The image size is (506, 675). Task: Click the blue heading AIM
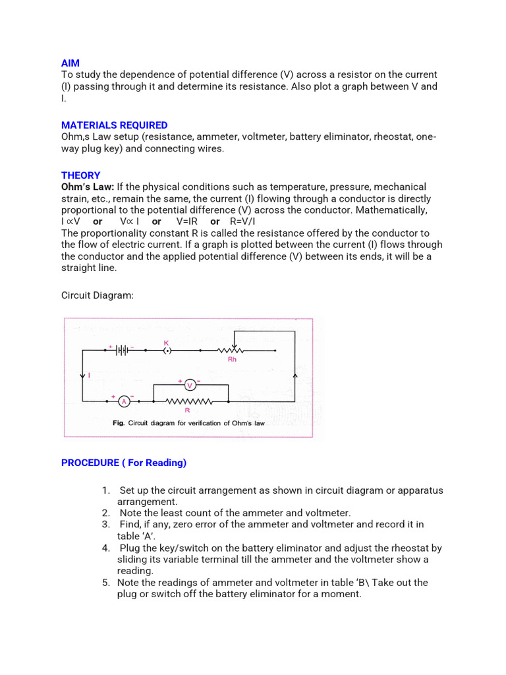point(70,63)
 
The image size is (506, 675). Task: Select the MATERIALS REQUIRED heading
point(114,125)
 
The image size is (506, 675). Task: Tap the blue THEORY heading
point(80,175)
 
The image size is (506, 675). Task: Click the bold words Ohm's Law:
point(88,187)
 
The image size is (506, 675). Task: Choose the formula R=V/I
point(244,221)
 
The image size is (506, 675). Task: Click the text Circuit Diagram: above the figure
point(98,295)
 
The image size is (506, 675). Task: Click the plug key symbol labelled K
point(167,351)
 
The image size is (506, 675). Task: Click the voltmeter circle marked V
point(190,385)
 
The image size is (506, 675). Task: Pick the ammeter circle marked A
point(123,401)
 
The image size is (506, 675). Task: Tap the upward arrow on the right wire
point(295,375)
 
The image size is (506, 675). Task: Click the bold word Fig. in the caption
point(119,423)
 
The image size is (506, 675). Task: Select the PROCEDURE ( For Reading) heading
point(124,463)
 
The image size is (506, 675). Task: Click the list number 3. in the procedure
point(105,525)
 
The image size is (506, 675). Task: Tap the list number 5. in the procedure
point(105,583)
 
